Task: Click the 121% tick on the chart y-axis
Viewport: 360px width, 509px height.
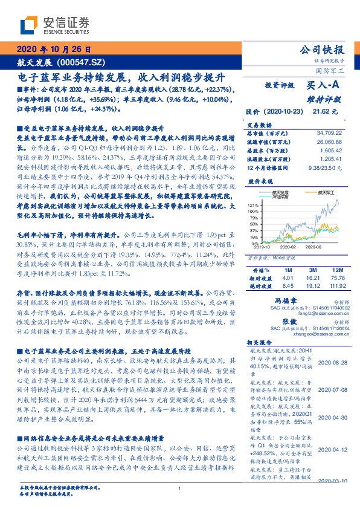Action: pos(252,206)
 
